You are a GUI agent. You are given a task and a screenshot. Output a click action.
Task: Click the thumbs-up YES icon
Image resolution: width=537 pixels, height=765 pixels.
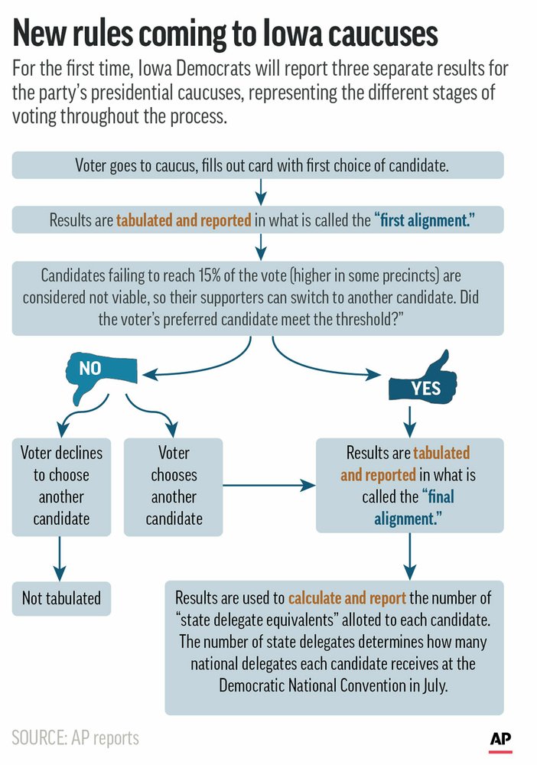[422, 385]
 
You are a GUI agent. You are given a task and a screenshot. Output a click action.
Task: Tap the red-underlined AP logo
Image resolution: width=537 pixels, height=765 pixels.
[500, 741]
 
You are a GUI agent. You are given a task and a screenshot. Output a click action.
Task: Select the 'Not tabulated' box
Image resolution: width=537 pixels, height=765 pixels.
[61, 597]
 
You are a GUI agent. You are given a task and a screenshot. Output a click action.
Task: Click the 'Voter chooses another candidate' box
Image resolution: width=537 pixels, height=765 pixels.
[174, 486]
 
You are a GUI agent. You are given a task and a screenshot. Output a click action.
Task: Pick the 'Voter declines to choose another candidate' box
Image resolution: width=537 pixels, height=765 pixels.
[61, 486]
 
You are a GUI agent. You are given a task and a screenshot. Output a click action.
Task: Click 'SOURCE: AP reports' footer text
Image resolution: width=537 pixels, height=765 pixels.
[76, 737]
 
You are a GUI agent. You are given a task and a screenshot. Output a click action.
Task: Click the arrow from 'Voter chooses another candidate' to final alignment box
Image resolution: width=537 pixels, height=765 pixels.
[268, 485]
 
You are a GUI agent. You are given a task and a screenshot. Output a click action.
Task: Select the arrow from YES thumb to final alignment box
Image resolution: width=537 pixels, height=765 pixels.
[410, 418]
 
